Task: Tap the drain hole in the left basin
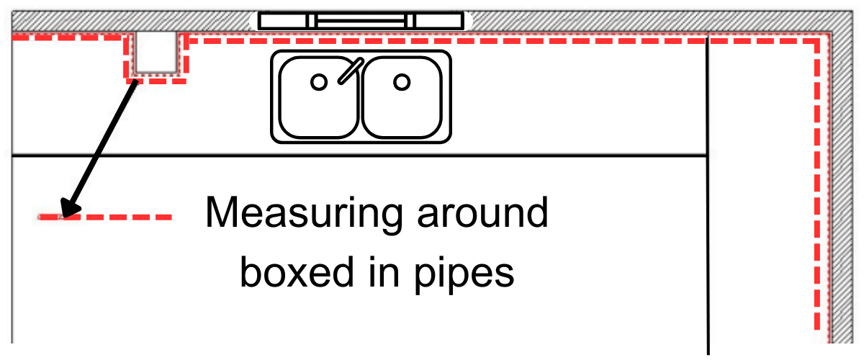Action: click(318, 82)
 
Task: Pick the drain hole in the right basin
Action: click(402, 82)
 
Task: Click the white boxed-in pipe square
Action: click(155, 54)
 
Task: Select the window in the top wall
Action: click(360, 21)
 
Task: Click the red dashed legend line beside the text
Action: click(108, 216)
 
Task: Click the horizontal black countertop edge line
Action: click(360, 156)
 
